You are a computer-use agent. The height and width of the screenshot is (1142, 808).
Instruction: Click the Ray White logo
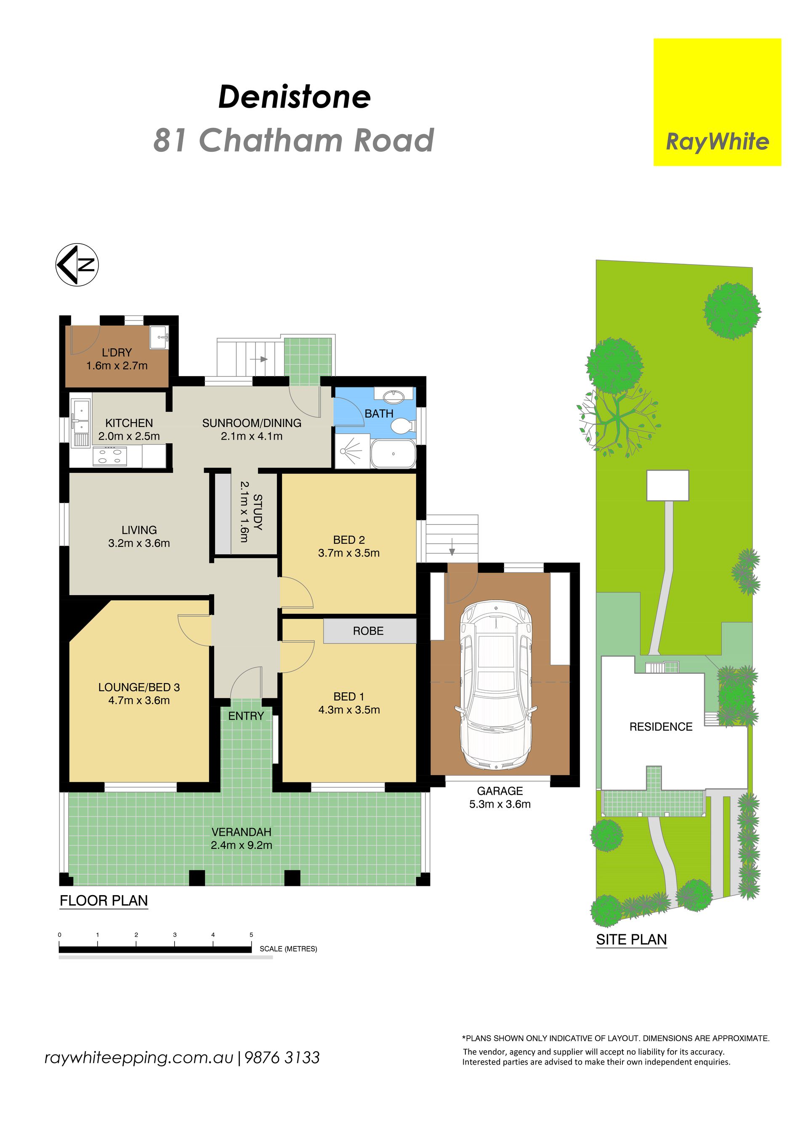717,102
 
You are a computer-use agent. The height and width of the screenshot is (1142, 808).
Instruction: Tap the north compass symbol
77,265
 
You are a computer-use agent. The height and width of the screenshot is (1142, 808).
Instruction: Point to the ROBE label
368,631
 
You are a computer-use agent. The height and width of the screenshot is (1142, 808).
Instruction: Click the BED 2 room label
349,540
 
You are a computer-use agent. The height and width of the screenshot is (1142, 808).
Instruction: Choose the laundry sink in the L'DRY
159,338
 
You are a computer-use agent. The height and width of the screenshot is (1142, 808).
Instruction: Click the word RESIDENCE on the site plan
661,727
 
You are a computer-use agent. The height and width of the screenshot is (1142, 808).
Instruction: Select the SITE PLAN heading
631,940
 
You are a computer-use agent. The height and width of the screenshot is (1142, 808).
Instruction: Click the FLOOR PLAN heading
104,901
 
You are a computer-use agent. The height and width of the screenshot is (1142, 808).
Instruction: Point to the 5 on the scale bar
251,935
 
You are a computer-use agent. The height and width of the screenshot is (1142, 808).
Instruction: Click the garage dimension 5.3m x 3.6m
500,804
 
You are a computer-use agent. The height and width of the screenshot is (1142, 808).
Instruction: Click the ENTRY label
246,716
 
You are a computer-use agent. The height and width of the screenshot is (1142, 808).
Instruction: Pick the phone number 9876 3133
282,1057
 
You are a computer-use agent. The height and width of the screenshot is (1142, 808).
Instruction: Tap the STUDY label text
258,512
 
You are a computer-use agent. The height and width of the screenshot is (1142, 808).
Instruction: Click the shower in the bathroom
352,450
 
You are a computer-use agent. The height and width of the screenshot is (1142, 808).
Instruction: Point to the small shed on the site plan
668,485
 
